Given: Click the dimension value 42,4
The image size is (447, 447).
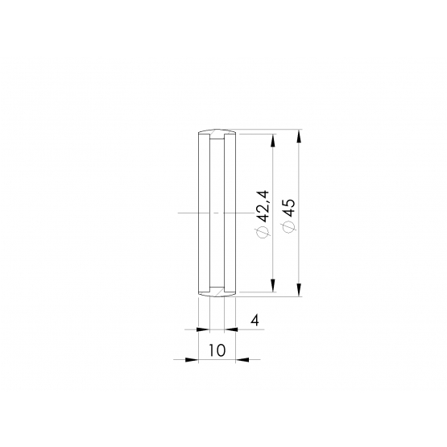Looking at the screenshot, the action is [263, 206].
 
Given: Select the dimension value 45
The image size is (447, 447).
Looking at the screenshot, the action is [289, 208].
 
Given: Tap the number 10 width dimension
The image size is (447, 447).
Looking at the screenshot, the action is [217, 350].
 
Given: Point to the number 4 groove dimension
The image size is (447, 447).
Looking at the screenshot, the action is [255, 321].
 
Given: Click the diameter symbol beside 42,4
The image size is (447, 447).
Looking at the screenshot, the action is [263, 232].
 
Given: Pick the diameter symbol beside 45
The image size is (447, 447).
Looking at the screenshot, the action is [289, 227].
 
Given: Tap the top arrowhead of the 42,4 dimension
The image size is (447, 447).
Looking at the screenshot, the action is [273, 140].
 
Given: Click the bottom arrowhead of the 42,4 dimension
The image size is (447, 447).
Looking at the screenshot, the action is [273, 285].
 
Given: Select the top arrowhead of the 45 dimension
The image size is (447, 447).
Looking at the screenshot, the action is [299, 136].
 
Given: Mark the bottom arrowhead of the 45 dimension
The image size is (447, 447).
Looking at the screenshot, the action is [299, 290].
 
